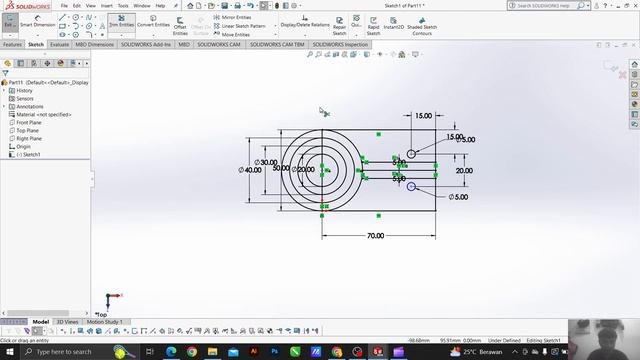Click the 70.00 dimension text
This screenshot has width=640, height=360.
pos(375,235)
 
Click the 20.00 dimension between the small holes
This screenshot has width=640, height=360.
pos(464,171)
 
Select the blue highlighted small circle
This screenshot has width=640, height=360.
pos(411,186)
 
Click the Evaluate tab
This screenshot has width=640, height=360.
pos(60,45)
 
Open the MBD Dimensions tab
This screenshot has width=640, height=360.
pos(94,45)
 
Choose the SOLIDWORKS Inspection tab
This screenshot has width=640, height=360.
pos(342,45)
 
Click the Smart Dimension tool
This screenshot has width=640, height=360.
pos(38,24)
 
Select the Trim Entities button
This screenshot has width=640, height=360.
pos(121,24)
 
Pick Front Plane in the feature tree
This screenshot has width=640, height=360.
pos(29,123)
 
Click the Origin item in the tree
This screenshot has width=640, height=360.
pos(23,147)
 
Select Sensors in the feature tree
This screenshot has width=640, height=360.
pos(24,99)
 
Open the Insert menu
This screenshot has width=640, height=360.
pos(106,5)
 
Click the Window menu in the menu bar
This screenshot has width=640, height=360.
pos(142,5)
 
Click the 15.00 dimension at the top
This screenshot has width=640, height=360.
pos(423,116)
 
